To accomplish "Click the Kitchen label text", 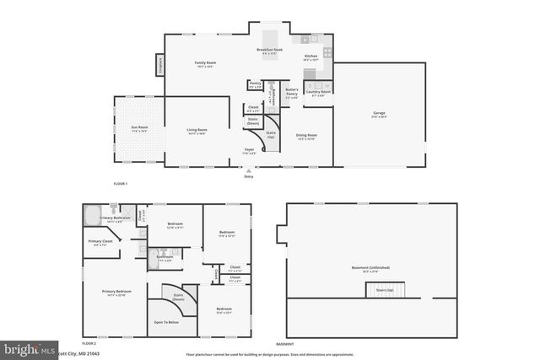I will pos(310,59).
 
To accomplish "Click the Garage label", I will pos(380,115).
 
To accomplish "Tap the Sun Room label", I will pos(138,129).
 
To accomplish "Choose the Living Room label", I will pos(197,131).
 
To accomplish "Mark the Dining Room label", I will pos(306,137).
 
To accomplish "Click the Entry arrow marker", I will pos(248,171).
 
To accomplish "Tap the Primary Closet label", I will pos(100,243).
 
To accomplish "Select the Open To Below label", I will pos(165,322).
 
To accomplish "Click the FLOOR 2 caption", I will pos(89,344).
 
